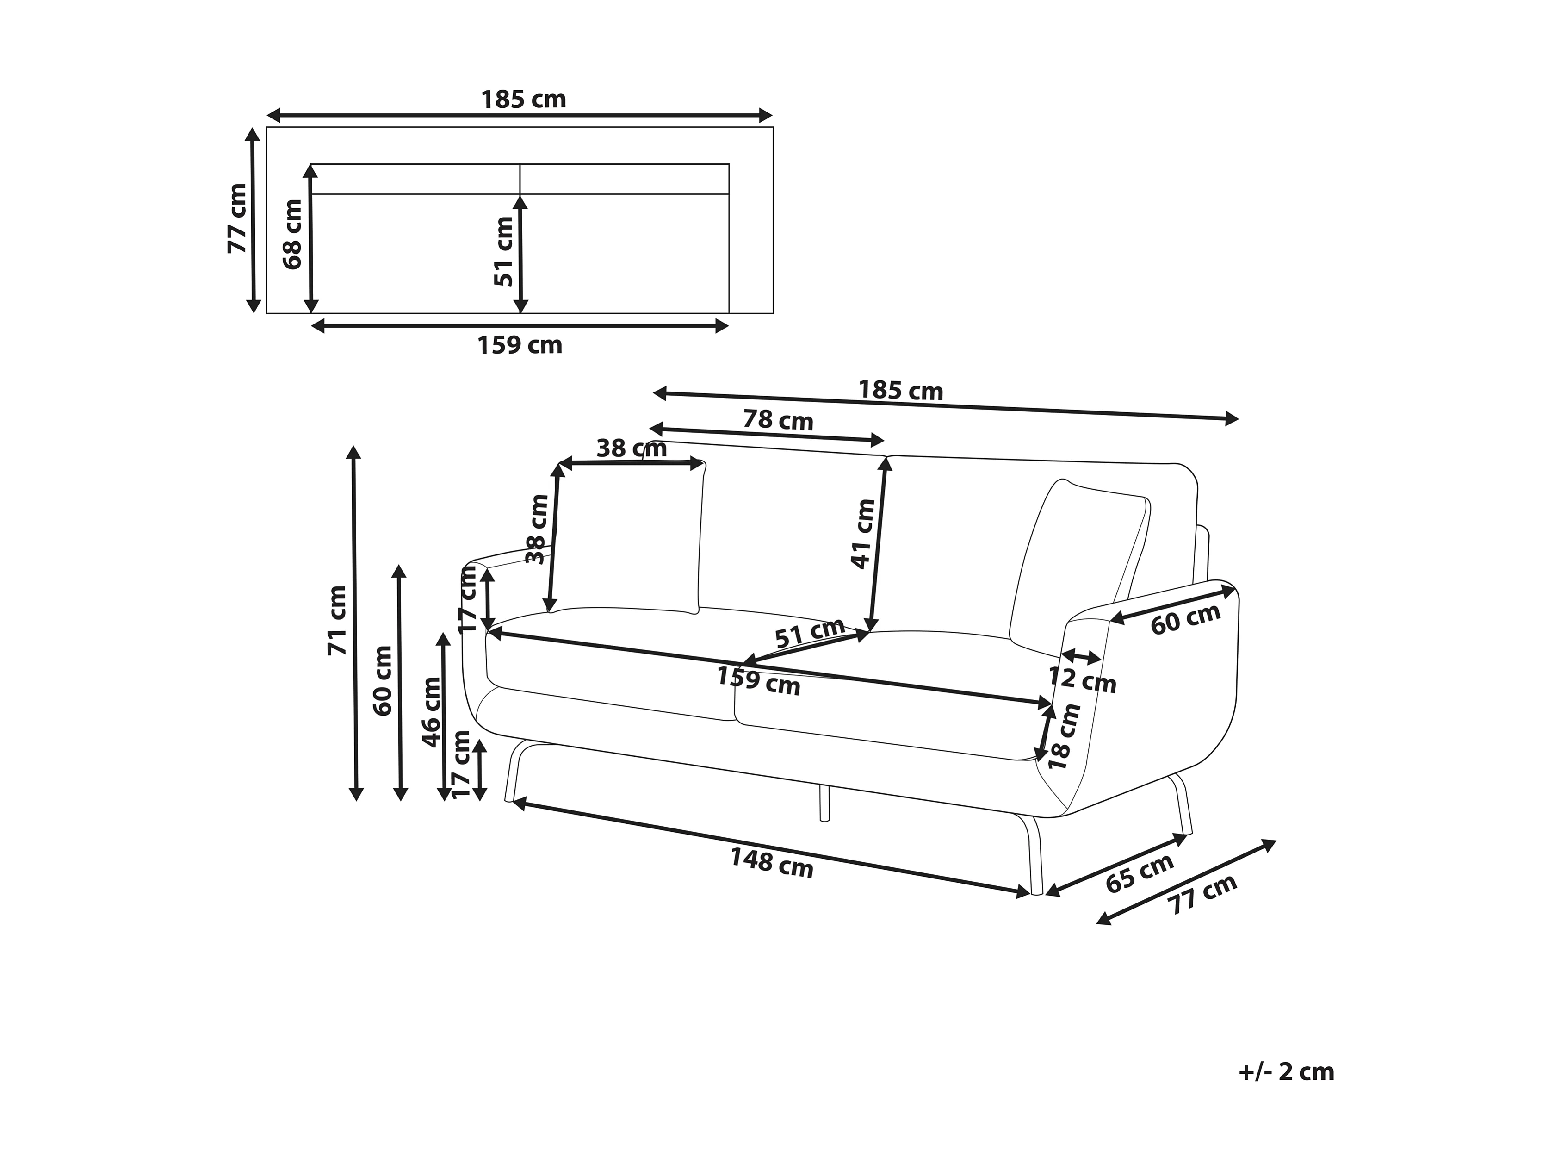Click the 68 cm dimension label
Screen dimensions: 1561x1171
pyautogui.click(x=292, y=234)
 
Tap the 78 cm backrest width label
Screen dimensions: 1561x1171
pyautogui.click(x=778, y=421)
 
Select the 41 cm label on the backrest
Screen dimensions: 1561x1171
pyautogui.click(x=863, y=534)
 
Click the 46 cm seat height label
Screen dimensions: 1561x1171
pyautogui.click(x=431, y=711)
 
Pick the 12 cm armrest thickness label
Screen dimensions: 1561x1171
pyautogui.click(x=1082, y=679)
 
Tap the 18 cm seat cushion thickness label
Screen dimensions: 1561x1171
pyautogui.click(x=1064, y=737)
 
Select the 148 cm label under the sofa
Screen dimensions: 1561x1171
pyautogui.click(x=771, y=863)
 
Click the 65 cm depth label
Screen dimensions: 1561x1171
pyautogui.click(x=1139, y=872)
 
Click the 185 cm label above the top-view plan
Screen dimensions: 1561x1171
pyautogui.click(x=524, y=100)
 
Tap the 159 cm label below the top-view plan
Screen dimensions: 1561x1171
pyautogui.click(x=520, y=345)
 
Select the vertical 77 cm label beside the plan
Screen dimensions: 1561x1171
pyautogui.click(x=237, y=218)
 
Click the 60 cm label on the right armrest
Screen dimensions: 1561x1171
pyautogui.click(x=1186, y=618)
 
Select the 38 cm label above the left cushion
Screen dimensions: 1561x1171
pyautogui.click(x=632, y=448)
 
